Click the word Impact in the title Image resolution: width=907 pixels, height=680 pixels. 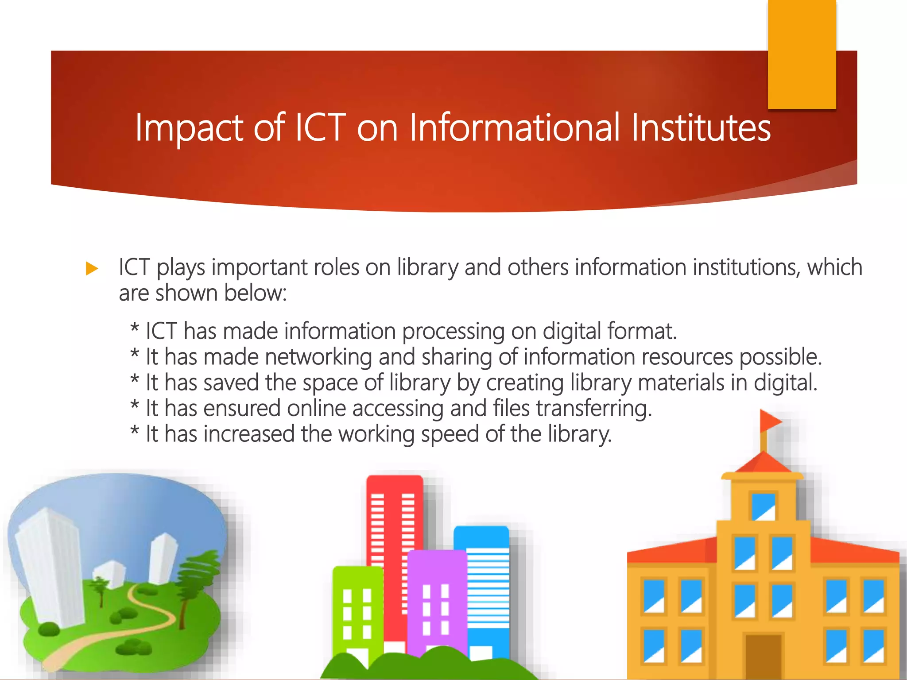click(189, 128)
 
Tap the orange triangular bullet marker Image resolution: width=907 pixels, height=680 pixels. click(92, 268)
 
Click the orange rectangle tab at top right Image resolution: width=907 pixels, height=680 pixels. click(802, 53)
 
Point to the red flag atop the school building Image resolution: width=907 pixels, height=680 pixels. click(770, 420)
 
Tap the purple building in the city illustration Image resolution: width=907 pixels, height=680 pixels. click(436, 602)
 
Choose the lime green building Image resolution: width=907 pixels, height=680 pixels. click(357, 611)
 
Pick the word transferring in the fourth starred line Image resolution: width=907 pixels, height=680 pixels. click(594, 408)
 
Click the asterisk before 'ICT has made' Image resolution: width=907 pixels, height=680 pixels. click(135, 329)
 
